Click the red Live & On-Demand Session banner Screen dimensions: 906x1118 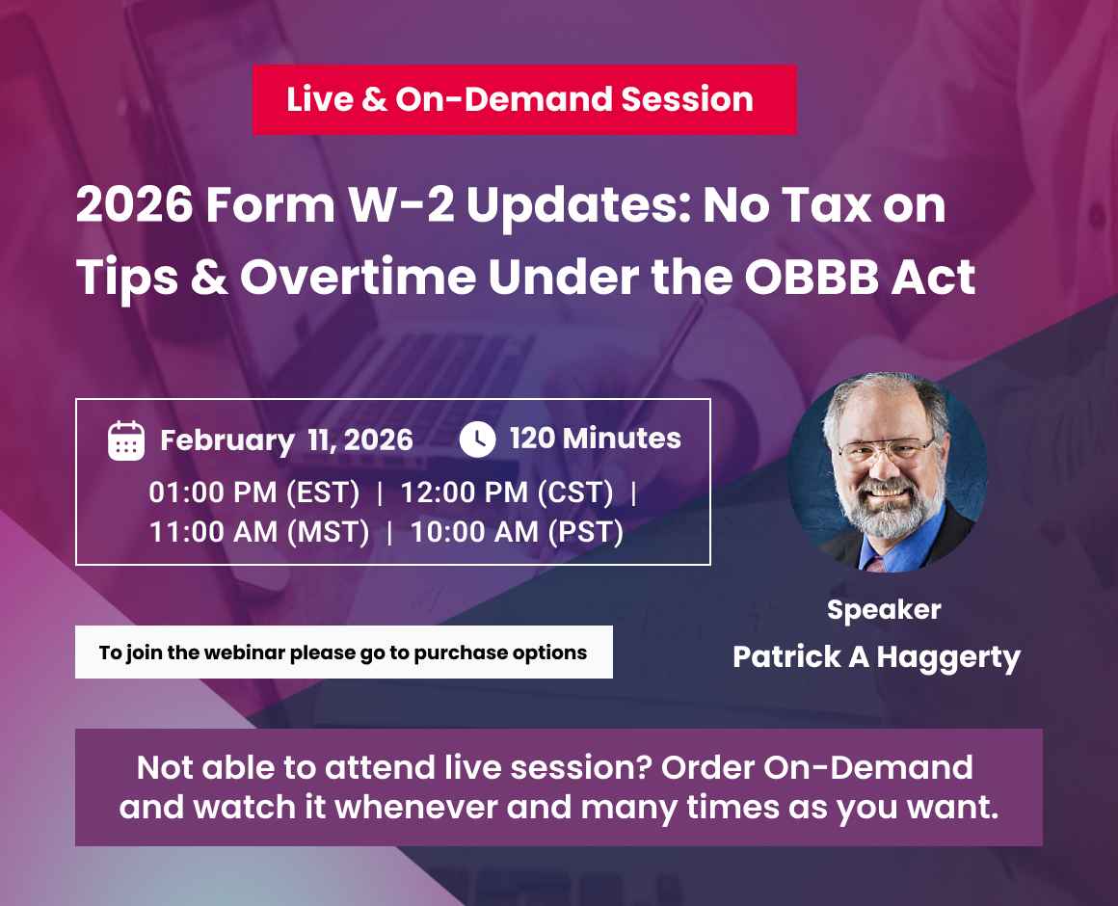pos(524,99)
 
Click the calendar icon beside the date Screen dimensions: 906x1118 pos(126,440)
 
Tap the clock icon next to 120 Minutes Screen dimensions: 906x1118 pos(477,440)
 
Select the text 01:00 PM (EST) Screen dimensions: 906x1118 pos(254,493)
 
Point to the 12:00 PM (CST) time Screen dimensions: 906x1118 pos(507,493)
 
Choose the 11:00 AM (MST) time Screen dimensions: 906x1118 pos(259,531)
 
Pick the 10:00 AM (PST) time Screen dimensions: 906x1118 pos(517,531)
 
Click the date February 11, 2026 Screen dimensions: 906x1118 pos(286,440)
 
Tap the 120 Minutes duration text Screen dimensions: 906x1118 pos(595,439)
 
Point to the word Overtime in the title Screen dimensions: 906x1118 pos(358,278)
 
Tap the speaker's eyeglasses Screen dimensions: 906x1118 pos(885,449)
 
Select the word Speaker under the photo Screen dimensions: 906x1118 pos(884,609)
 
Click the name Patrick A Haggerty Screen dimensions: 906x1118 pos(876,657)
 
